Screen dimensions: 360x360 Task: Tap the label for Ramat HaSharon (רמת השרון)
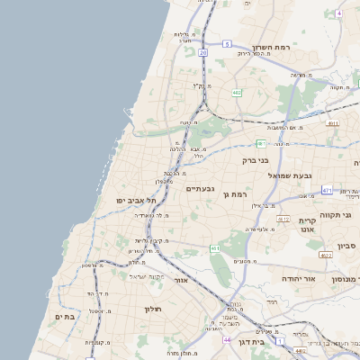(x=274, y=48)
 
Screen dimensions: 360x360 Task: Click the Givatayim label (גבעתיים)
(x=200, y=188)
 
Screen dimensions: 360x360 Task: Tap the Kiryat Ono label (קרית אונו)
(x=307, y=225)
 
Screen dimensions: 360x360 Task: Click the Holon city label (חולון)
(x=151, y=309)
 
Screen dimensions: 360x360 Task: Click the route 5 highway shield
(x=228, y=43)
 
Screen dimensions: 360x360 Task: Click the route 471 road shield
(x=326, y=191)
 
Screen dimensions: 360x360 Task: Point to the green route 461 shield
(x=215, y=247)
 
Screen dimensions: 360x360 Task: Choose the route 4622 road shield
(x=326, y=256)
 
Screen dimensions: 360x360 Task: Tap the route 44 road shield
(x=227, y=339)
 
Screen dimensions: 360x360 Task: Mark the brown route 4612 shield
(x=283, y=219)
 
